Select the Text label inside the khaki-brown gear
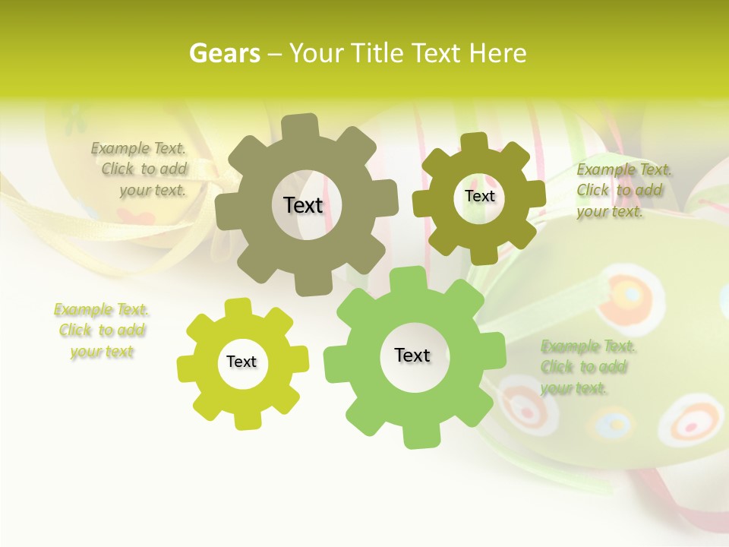[303, 205]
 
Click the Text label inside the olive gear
[479, 196]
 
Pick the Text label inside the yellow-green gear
[241, 362]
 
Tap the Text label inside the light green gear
[412, 356]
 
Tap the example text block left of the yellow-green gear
[101, 330]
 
